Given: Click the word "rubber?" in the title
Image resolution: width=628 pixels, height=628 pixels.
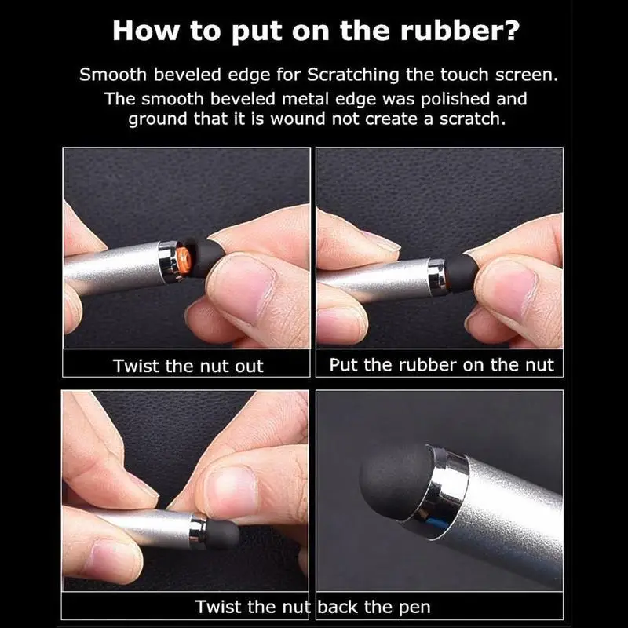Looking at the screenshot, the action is [x=460, y=31].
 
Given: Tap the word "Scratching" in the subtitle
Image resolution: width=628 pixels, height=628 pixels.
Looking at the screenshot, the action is [x=352, y=75].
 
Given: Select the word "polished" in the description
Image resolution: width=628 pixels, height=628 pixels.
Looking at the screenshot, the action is [x=455, y=99].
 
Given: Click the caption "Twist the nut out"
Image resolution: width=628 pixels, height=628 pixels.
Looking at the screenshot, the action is [x=188, y=366].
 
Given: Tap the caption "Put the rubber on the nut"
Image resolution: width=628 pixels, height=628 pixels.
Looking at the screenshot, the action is [x=441, y=365].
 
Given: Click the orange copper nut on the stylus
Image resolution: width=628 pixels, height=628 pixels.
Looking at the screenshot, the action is [x=184, y=261].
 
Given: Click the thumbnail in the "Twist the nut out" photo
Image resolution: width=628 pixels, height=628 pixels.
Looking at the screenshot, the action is [x=239, y=291].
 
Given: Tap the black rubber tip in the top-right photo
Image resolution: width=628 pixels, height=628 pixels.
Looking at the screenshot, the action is [x=461, y=272].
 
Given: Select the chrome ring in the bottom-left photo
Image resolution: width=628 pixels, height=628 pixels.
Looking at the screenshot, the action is [x=199, y=531].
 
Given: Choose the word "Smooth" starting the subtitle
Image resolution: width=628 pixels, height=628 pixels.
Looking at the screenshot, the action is [x=113, y=75].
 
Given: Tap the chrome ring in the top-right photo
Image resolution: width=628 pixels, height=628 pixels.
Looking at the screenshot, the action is [x=436, y=274].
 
